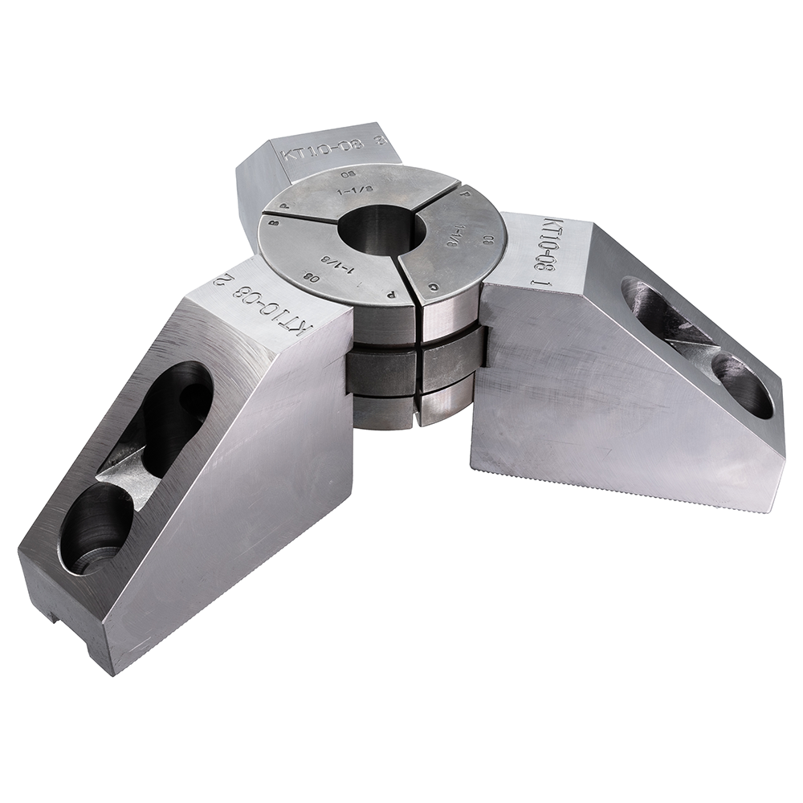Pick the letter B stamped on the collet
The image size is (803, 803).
click(x=276, y=227)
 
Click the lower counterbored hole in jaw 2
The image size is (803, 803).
click(x=94, y=530)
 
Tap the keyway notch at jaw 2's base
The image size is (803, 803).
click(x=52, y=617)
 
